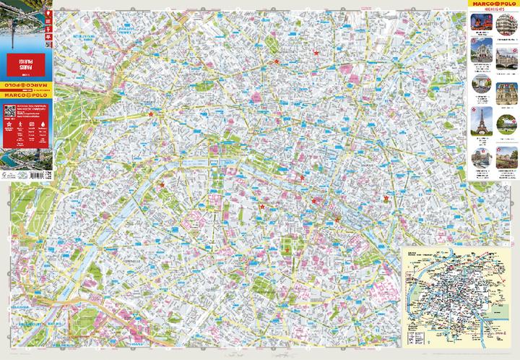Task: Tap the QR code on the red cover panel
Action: [x=10, y=113]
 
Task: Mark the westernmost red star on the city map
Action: [x=150, y=113]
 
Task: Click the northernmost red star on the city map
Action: [x=316, y=53]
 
